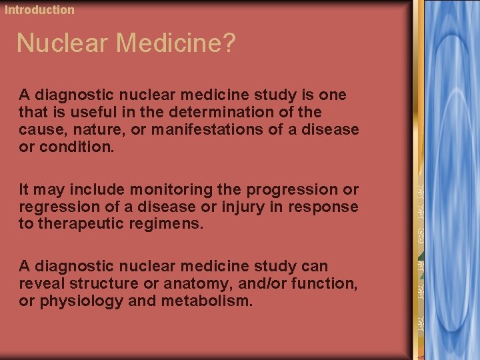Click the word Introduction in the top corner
[x=40, y=10]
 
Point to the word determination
[x=231, y=112]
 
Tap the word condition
[x=77, y=147]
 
